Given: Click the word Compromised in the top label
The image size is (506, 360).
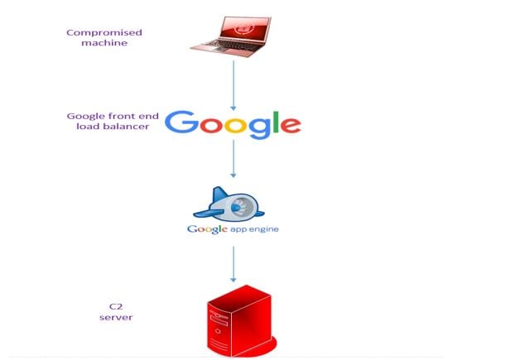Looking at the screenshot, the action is click(x=104, y=33).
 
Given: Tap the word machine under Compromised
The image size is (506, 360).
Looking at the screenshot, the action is click(x=104, y=43).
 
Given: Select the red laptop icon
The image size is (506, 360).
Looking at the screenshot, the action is click(x=231, y=36).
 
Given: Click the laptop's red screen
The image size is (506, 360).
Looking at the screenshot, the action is click(x=244, y=28).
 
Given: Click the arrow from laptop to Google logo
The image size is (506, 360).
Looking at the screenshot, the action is click(x=234, y=85).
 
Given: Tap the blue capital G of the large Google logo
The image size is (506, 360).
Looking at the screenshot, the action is click(x=181, y=122).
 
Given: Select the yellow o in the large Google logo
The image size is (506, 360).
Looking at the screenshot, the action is click(x=235, y=125).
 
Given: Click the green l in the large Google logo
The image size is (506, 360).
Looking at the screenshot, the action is click(x=276, y=122).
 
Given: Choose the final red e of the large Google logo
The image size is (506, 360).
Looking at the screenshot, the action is click(x=291, y=125).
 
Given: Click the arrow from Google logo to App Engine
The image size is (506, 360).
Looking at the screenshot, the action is click(x=234, y=159).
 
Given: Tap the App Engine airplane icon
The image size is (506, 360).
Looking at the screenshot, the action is click(x=229, y=204).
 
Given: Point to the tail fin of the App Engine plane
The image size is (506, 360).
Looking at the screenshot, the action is click(x=219, y=194).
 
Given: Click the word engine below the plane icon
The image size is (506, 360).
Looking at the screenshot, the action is click(x=263, y=230).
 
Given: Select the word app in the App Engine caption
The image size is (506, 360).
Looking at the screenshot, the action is click(x=239, y=230).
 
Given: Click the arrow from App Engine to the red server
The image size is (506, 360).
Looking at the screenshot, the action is click(x=234, y=264).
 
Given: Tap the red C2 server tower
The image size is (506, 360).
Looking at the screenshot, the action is click(x=241, y=321).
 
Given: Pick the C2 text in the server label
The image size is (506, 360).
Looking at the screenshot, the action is click(x=116, y=306).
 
